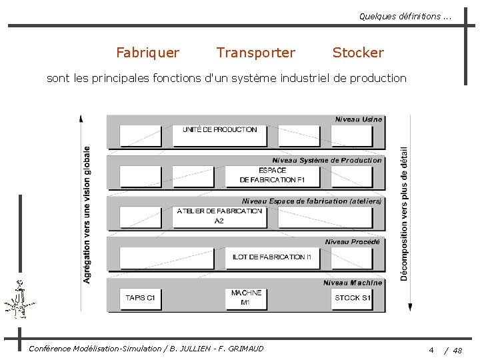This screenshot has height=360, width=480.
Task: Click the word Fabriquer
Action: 147,53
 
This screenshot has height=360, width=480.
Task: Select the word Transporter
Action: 255,53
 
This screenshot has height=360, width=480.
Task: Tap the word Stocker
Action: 358,53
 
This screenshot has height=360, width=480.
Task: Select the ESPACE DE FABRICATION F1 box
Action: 272,175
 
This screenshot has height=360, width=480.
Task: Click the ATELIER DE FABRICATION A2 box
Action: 219,216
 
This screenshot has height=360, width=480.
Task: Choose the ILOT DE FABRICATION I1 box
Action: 272,257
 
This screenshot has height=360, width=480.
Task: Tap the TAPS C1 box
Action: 140,298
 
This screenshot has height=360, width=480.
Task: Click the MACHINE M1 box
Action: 246,298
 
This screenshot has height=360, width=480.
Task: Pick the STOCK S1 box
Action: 352,298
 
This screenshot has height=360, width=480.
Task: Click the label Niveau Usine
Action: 359,119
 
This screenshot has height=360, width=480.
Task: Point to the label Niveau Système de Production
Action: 327,160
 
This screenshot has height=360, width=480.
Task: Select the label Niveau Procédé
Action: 352,242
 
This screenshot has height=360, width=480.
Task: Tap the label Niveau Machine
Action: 353,283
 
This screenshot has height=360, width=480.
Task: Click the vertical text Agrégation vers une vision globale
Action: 87,215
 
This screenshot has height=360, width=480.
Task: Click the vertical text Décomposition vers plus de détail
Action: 404,213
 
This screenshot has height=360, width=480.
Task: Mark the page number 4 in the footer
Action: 431,350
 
